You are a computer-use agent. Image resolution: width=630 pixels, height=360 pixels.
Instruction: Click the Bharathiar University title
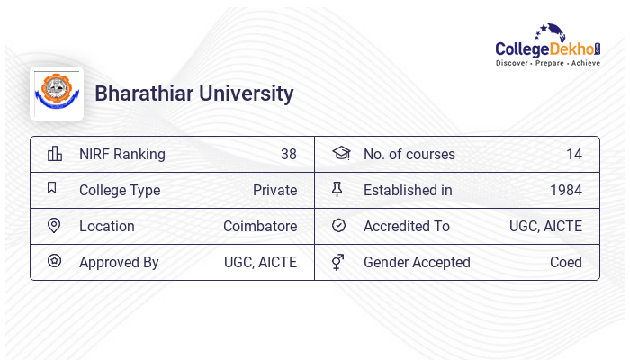pyautogui.click(x=194, y=94)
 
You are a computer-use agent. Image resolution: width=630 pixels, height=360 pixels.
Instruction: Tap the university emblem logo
pyautogui.click(x=57, y=94)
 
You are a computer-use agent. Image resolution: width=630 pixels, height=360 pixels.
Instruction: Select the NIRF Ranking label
pyautogui.click(x=122, y=154)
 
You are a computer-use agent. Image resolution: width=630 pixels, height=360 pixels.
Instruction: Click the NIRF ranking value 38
pyautogui.click(x=288, y=154)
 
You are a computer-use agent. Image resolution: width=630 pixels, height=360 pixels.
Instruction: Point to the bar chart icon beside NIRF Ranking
pyautogui.click(x=54, y=154)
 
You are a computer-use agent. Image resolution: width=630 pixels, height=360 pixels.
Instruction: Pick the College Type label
pyautogui.click(x=120, y=190)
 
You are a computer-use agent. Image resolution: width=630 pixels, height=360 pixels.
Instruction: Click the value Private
pyautogui.click(x=274, y=190)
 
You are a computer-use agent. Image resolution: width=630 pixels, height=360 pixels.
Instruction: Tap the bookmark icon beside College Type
pyautogui.click(x=52, y=189)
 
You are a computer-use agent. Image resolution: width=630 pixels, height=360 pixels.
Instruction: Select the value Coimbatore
pyautogui.click(x=260, y=226)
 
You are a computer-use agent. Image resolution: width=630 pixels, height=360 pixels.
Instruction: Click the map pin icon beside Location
pyautogui.click(x=54, y=226)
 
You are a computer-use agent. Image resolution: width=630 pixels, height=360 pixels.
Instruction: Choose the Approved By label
pyautogui.click(x=119, y=262)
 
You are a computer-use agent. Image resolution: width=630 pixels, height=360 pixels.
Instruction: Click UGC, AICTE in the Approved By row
pyautogui.click(x=260, y=262)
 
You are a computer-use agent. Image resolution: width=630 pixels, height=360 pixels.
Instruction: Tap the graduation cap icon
pyautogui.click(x=340, y=154)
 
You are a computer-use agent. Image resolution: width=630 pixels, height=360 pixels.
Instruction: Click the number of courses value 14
pyautogui.click(x=573, y=154)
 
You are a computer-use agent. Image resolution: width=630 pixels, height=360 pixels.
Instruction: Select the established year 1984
pyautogui.click(x=566, y=190)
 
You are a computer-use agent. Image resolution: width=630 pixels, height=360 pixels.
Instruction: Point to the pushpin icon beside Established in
pyautogui.click(x=337, y=190)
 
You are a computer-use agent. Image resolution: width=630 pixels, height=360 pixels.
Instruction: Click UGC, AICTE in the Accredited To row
pyautogui.click(x=545, y=226)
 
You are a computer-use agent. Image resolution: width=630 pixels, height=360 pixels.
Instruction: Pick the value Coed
pyautogui.click(x=566, y=262)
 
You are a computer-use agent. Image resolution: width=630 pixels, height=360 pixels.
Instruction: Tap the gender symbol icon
pyautogui.click(x=337, y=262)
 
